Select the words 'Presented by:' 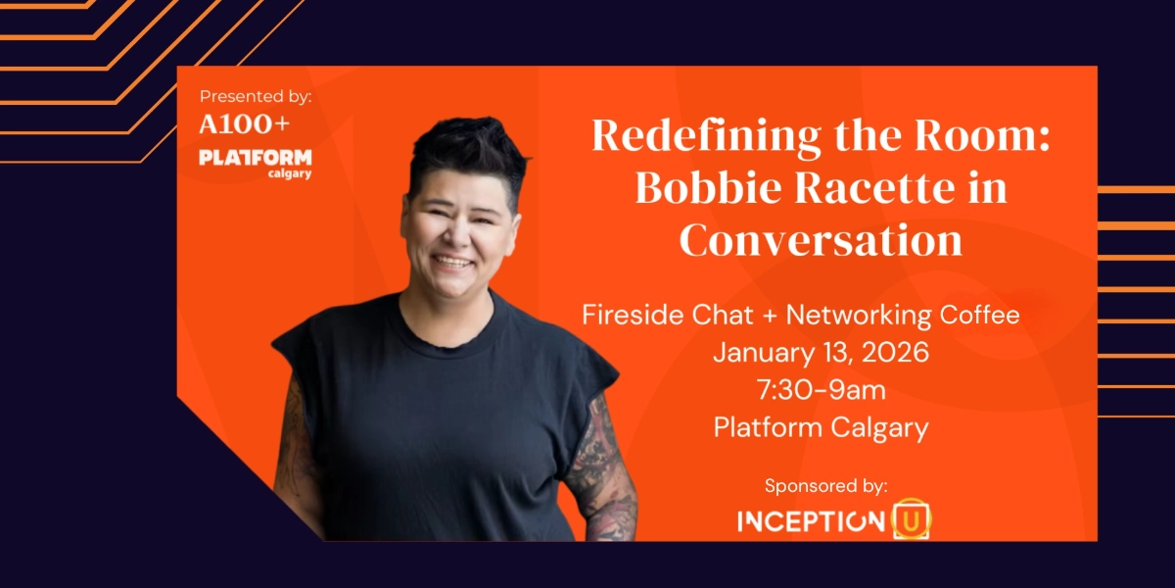click(x=256, y=96)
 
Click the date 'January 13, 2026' click(x=821, y=353)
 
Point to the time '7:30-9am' click(x=821, y=390)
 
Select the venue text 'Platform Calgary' click(x=821, y=427)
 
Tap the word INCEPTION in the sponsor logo click(x=810, y=520)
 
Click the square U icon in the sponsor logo click(x=912, y=519)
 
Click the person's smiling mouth click(x=453, y=262)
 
